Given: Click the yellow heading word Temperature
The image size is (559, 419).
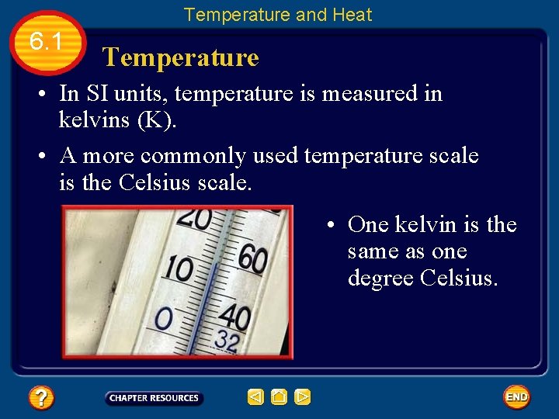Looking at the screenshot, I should [x=180, y=57].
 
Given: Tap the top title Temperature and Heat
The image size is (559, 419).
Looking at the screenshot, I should [x=278, y=15].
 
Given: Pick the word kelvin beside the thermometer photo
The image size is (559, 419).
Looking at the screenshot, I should [x=425, y=225].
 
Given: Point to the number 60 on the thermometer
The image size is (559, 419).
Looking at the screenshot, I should [x=252, y=258].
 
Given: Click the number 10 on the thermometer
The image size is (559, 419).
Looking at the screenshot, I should [x=179, y=269].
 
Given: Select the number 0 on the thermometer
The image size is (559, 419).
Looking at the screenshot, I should [x=164, y=318].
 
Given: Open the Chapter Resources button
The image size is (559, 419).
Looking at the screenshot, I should [x=154, y=398].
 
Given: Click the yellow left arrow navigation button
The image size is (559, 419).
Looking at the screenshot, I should [x=255, y=398].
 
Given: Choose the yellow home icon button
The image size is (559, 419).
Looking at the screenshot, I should [x=279, y=398].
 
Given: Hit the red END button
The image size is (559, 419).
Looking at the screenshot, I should [x=516, y=397].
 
